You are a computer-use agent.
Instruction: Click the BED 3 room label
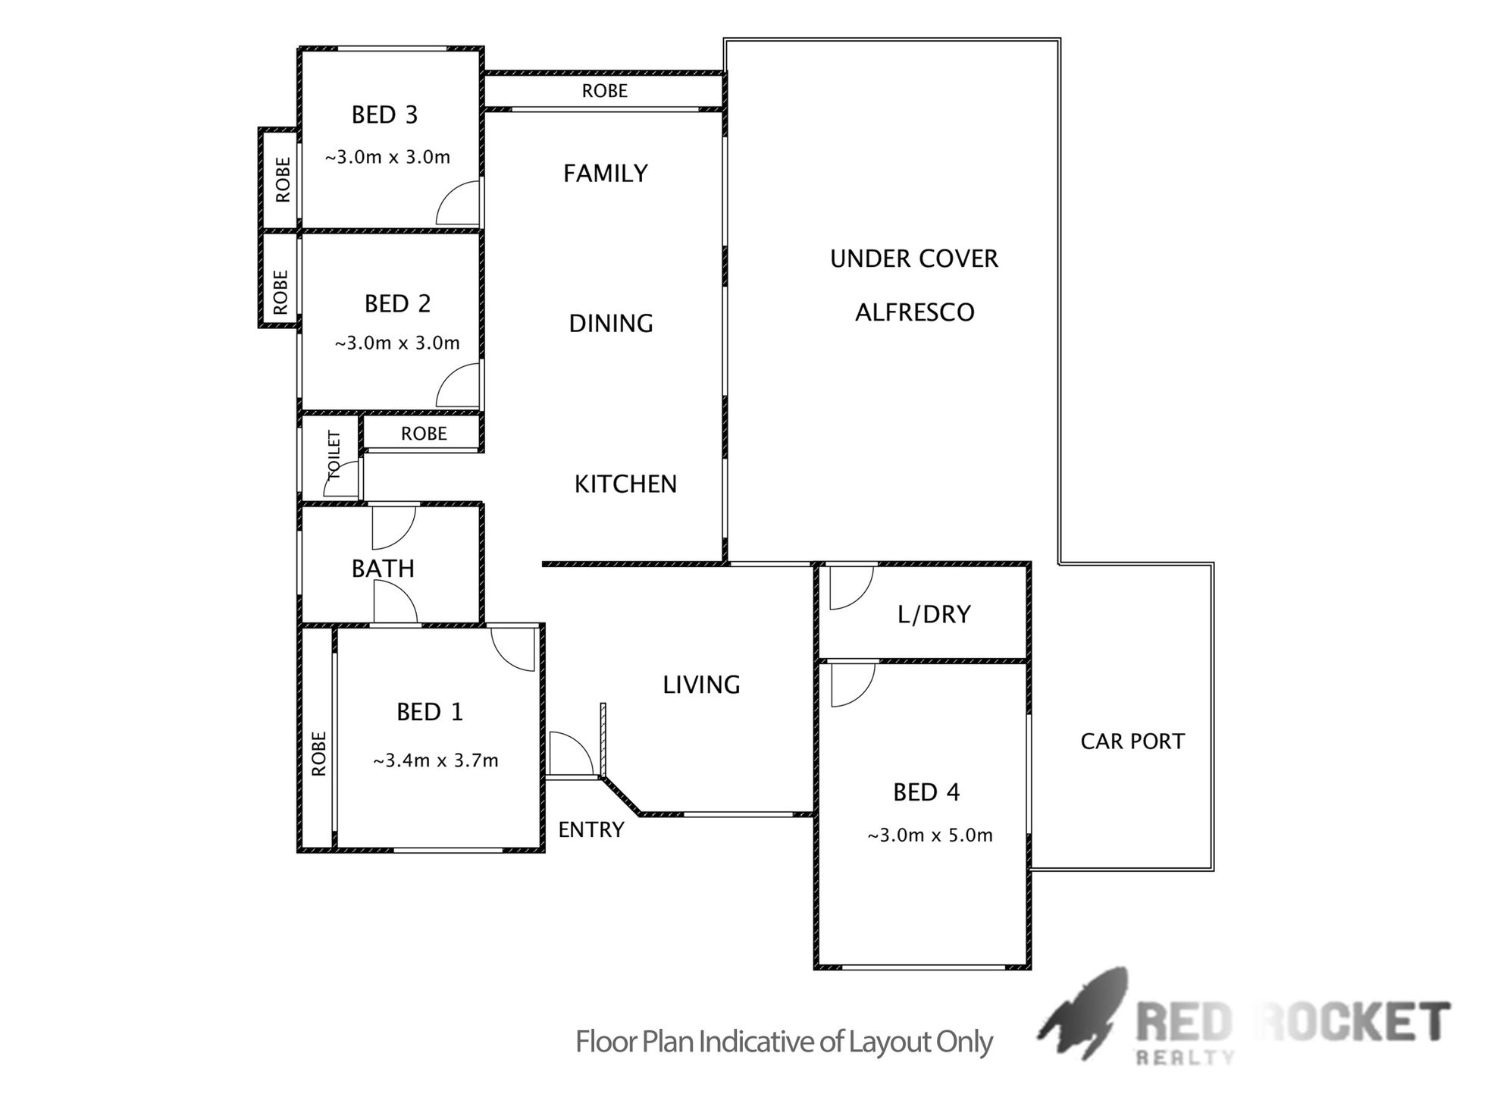coord(384,115)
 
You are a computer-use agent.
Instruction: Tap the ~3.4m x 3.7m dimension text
coord(436,760)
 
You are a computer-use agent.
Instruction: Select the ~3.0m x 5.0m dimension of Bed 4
coord(930,835)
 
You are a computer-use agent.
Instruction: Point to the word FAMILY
coord(605,174)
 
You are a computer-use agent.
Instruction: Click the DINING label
coord(611,324)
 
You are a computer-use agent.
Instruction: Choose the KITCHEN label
coord(625,484)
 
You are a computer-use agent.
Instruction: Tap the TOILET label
coord(334,455)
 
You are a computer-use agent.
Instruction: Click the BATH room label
coord(383,569)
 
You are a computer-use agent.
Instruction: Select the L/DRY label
coord(934,614)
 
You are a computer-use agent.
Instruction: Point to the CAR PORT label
coord(1132,741)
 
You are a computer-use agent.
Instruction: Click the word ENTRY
coord(591,830)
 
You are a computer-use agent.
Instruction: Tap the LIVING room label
coord(701,685)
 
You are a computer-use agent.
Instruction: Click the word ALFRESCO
coord(915,312)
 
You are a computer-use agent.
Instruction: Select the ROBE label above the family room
coord(605,91)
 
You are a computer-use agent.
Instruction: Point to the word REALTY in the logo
coord(1186,1057)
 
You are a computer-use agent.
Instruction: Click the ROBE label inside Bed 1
coord(318,754)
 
